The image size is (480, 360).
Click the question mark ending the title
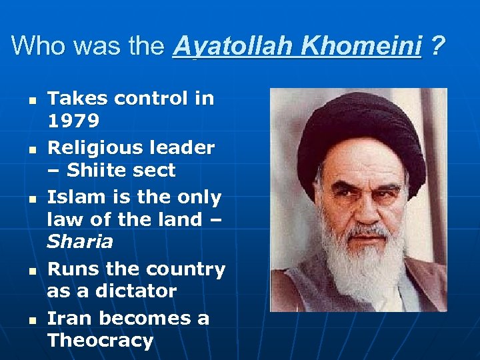tap(437, 46)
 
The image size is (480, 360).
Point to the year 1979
tap(73, 121)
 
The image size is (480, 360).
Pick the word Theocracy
tap(100, 340)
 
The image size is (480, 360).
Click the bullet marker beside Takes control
tap(31, 99)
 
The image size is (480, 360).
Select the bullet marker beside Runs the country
tap(31, 270)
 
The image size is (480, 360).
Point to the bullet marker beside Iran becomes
tap(31, 319)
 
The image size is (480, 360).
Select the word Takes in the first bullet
tap(75, 99)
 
